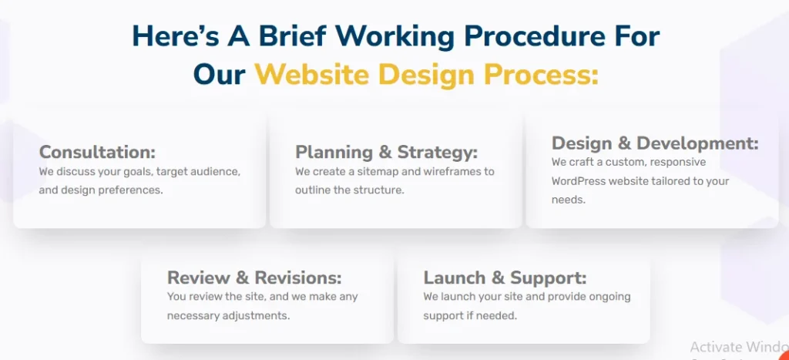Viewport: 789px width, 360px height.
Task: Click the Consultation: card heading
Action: (98, 152)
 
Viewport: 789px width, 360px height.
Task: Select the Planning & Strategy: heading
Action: (387, 152)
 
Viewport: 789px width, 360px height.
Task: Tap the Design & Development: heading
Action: (655, 143)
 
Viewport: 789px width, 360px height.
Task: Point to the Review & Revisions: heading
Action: (254, 278)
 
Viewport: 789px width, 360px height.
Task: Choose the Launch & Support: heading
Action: (505, 278)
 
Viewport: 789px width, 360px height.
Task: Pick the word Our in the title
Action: (220, 75)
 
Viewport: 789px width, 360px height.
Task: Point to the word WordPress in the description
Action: (579, 181)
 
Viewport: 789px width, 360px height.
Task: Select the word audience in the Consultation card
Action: (217, 172)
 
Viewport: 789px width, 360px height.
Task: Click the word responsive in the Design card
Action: (677, 163)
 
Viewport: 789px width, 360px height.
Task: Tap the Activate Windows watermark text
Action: (739, 348)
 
